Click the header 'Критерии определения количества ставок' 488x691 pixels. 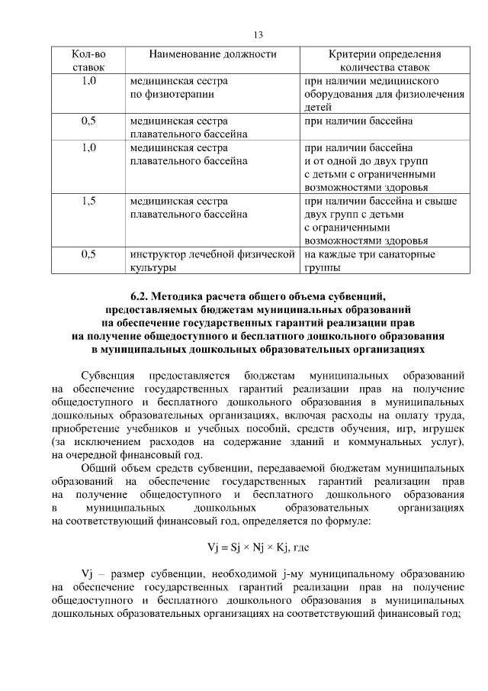point(384,60)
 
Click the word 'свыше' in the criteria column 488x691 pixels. point(441,202)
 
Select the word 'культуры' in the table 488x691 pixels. point(152,268)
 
